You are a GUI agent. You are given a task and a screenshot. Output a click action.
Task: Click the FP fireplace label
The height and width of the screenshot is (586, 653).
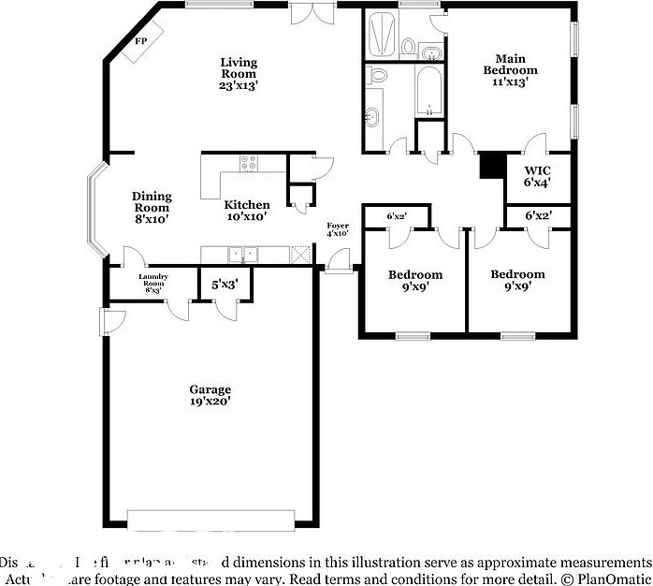coord(141,41)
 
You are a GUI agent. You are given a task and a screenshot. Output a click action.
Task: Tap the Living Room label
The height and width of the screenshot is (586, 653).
coord(239,67)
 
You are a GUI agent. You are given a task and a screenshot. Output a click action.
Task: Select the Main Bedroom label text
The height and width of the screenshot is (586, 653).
coord(510,65)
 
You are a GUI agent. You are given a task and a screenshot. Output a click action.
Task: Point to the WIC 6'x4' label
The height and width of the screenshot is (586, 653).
coord(536,177)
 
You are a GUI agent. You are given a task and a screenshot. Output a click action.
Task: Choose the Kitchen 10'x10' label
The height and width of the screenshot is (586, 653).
coord(246,211)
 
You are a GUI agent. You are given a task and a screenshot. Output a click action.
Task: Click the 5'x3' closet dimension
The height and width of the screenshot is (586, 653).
coord(225,282)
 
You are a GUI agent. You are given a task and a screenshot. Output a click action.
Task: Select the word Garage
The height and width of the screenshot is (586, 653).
coord(210,389)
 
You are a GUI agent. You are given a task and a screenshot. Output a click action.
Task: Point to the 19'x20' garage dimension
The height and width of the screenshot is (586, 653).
coord(210,402)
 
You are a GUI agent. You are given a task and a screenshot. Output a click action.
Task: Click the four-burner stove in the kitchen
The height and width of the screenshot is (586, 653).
coord(250,163)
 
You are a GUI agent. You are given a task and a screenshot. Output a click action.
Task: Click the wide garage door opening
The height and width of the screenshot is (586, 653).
coord(213,519)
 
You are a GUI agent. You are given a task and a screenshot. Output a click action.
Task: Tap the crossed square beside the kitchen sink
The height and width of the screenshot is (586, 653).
coord(300,253)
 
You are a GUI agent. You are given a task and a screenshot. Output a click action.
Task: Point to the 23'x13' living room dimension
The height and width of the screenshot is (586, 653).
coord(239,85)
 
